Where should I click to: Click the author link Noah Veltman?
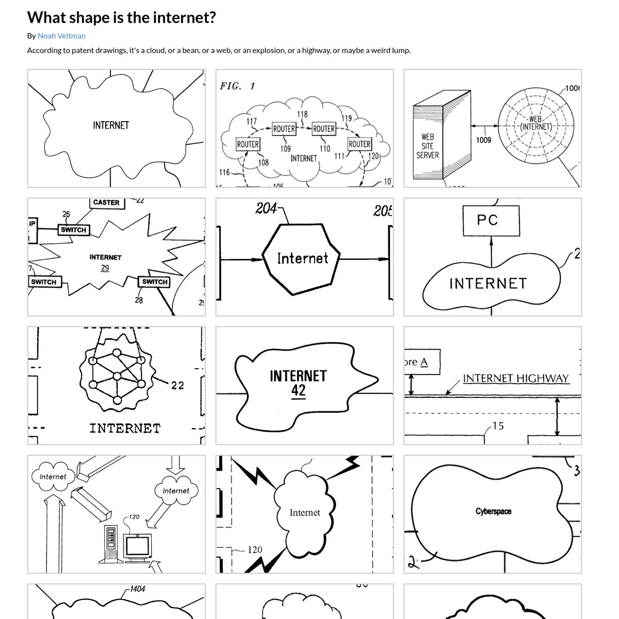coord(61,36)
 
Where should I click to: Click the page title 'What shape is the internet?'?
coord(121,18)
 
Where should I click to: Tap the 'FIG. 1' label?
coord(237,86)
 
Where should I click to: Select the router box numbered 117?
coord(248,144)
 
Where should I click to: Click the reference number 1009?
coord(483,140)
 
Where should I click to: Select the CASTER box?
coord(106,203)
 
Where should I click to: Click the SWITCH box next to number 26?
coord(73,230)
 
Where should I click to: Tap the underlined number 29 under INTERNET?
coord(105,268)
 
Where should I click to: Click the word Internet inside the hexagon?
coord(302,258)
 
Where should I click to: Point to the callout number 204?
coord(266,208)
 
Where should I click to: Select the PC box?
coord(487,220)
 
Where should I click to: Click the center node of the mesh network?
coord(117,376)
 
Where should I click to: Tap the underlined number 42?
coord(298,390)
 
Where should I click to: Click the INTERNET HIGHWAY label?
coord(515,378)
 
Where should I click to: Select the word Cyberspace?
coord(493,511)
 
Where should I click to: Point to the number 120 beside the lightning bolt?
coord(255,550)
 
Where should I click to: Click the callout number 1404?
coord(137,589)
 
